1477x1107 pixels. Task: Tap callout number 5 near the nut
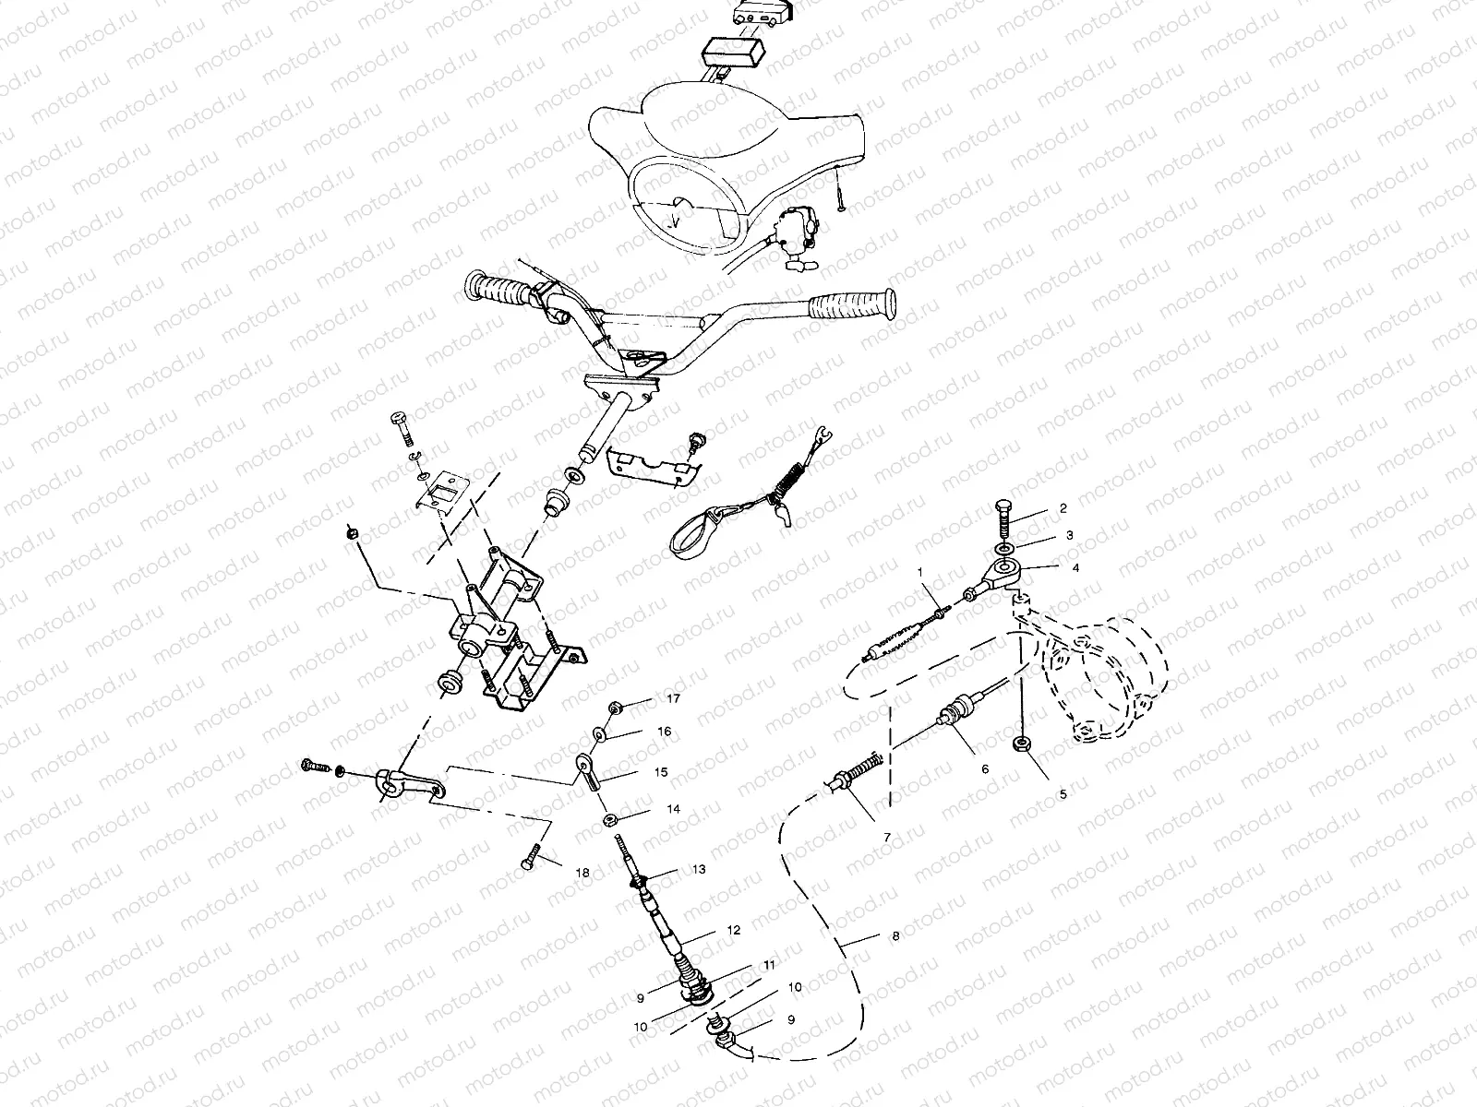1063,793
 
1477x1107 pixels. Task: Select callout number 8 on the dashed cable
895,935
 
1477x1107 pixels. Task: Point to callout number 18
582,871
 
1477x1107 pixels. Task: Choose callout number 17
673,698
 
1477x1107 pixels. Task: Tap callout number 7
886,836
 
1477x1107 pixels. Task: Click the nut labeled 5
1021,744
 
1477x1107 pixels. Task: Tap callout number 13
698,869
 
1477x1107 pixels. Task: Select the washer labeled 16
601,732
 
